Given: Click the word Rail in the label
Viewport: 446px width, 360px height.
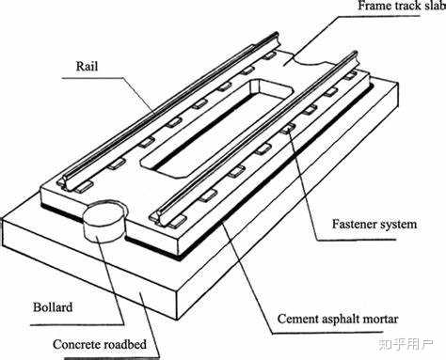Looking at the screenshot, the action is pyautogui.click(x=87, y=66).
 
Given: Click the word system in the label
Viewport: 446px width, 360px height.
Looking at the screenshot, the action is pyautogui.click(x=398, y=225).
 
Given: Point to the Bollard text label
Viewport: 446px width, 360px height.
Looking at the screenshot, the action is pyautogui.click(x=53, y=307).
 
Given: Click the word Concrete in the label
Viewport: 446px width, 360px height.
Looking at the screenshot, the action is pyautogui.click(x=76, y=344).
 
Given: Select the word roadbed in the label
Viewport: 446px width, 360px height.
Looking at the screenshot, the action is pyautogui.click(x=125, y=344).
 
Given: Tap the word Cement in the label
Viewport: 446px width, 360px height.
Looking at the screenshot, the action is pyautogui.click(x=297, y=319).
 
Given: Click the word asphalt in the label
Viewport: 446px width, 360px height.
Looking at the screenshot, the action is pyautogui.click(x=340, y=320).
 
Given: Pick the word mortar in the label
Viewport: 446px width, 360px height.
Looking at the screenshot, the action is pyautogui.click(x=380, y=320).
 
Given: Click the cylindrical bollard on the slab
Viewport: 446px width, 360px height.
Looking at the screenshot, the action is pyautogui.click(x=104, y=221).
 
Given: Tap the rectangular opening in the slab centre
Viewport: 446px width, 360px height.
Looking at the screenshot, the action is pyautogui.click(x=216, y=128).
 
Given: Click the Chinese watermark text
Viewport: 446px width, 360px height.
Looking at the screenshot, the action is pyautogui.click(x=406, y=344).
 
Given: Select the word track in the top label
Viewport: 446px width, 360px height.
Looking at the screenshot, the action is pyautogui.click(x=406, y=6).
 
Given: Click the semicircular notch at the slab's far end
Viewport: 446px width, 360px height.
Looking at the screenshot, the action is pyautogui.click(x=310, y=60).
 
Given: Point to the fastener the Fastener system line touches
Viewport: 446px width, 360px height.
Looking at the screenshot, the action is pyautogui.click(x=287, y=128).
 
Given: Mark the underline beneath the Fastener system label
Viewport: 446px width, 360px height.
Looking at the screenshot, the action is pyautogui.click(x=357, y=241).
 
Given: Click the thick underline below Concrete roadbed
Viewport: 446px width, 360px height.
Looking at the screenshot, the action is pyautogui.click(x=111, y=357).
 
